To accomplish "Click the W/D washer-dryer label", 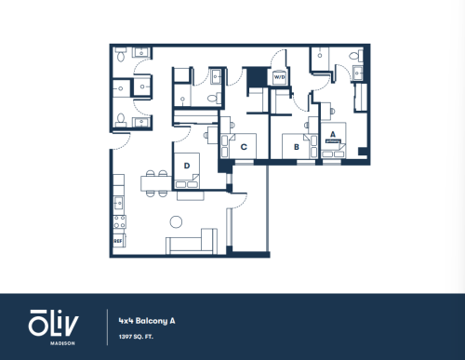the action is click(279, 77).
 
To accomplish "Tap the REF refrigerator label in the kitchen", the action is click(118, 241).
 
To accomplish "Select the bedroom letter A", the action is click(333, 134).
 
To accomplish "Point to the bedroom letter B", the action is click(297, 147).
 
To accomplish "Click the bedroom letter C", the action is click(244, 147).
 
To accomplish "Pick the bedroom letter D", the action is click(187, 166).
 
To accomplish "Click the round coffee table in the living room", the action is click(176, 221).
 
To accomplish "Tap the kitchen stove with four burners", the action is click(119, 221).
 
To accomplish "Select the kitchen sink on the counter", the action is click(119, 204).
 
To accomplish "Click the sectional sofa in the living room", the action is click(192, 242).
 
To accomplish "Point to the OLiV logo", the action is click(53, 323).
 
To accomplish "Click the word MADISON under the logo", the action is click(62, 343).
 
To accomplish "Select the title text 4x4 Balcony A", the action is click(147, 321).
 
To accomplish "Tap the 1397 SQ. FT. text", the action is click(136, 337).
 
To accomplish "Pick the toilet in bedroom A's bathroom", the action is click(355, 56).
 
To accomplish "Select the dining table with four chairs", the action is click(156, 183).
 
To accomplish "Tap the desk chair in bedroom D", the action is click(206, 135).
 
